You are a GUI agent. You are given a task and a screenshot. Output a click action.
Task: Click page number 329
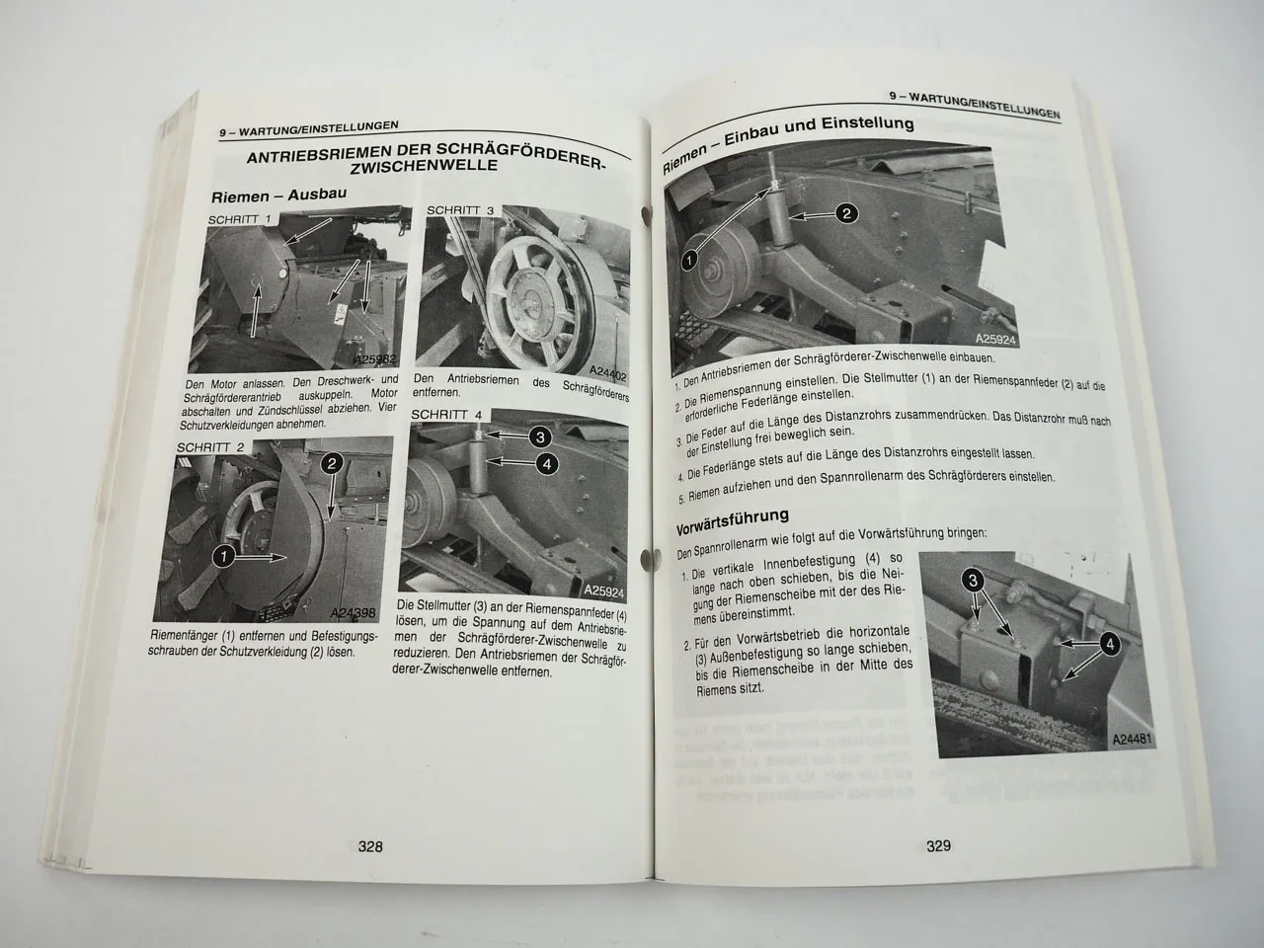coord(937,845)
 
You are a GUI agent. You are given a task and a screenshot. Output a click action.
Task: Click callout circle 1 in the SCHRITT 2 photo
coord(223,558)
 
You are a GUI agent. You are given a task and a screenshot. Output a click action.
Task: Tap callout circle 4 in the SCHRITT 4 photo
coord(548,462)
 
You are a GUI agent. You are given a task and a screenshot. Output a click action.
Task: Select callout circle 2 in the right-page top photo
coord(846,212)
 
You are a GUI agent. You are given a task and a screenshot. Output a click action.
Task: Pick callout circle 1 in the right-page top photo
coord(689,261)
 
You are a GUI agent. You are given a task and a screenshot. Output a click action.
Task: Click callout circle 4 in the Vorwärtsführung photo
coord(1110,644)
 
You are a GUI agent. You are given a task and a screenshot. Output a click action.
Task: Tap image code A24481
coord(1135,739)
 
